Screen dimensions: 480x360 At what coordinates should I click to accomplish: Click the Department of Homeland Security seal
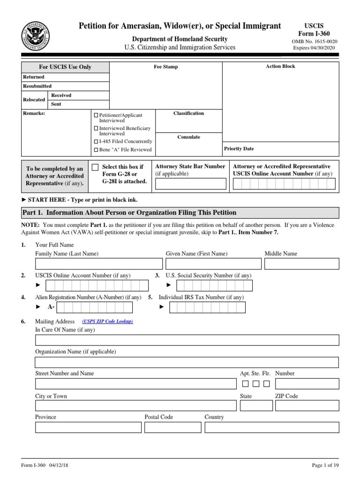click(35, 36)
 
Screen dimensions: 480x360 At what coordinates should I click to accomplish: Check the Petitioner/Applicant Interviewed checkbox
click(96, 115)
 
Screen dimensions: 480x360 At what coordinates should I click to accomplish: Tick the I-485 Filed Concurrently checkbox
click(96, 141)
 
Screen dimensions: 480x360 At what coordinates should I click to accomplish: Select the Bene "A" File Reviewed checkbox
click(96, 150)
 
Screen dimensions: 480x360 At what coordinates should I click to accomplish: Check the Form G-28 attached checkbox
click(95, 167)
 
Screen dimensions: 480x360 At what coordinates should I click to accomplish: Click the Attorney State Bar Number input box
click(190, 184)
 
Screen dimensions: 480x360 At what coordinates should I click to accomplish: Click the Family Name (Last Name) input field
click(99, 263)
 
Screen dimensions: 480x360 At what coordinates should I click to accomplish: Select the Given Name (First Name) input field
click(213, 263)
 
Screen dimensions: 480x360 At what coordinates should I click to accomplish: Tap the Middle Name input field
click(301, 263)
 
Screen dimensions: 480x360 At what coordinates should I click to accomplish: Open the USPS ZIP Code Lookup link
click(108, 322)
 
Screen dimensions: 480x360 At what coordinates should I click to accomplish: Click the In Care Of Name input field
click(187, 340)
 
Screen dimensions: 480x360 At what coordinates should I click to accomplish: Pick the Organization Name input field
click(187, 362)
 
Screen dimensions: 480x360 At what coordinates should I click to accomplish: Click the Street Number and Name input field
click(135, 383)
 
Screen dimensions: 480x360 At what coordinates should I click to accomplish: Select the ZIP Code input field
click(307, 405)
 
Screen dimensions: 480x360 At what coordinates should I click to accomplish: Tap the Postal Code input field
click(172, 427)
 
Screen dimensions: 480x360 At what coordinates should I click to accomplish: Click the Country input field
click(271, 427)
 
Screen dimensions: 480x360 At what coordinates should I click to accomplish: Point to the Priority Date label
click(239, 149)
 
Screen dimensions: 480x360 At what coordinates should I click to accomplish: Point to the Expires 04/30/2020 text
click(315, 48)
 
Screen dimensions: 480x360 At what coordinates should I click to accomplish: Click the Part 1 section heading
click(129, 213)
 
